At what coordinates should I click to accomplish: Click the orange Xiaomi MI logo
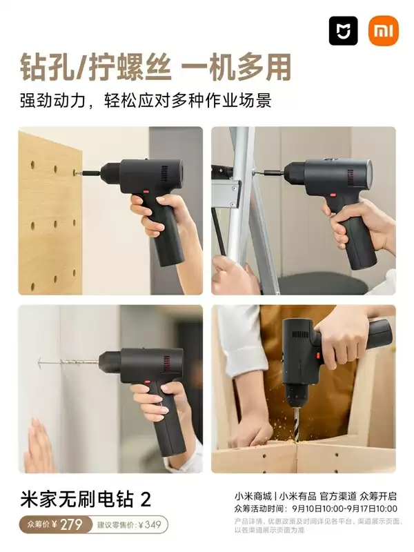point(384,31)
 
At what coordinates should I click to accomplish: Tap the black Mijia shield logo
point(343,31)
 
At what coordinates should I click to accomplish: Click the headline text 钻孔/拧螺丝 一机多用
point(155,68)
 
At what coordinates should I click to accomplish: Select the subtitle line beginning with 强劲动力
point(146,100)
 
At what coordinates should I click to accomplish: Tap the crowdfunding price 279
point(70,524)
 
